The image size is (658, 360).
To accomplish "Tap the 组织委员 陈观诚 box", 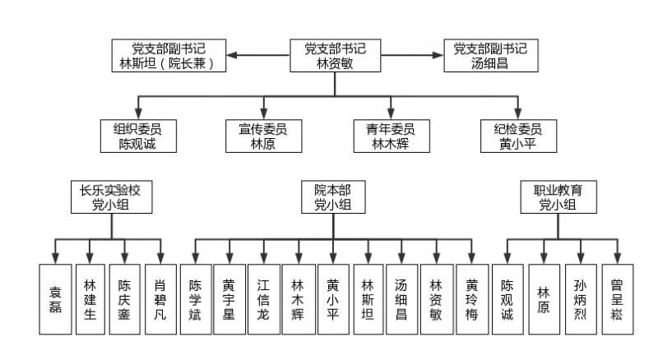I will pos(137,136).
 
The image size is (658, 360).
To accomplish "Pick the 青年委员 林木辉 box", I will pos(391,136).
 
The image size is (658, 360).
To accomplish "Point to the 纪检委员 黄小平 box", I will pos(518,136).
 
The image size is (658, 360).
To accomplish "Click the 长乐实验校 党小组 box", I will pos(110,198).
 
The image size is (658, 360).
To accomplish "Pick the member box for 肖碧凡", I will pos(160,298).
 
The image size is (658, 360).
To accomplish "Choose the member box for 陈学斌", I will pos(195,298).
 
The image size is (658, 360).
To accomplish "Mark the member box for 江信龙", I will pos(263,298).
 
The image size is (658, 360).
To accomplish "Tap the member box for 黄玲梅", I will pos(471,298).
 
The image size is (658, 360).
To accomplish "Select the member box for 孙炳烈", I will pos(581,298).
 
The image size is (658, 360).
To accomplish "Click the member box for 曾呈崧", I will pos(618,298).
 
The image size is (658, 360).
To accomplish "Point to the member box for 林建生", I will pos(90,298).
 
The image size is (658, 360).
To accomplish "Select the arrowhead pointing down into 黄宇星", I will pos(229,256).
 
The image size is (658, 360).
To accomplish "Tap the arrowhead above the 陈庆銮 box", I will pos(126,256).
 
